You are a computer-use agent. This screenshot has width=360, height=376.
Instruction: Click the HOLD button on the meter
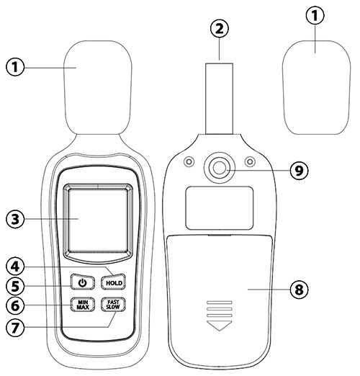click(113, 282)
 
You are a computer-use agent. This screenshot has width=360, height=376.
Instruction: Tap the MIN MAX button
click(83, 305)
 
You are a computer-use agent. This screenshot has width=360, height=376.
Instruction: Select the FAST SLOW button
click(113, 305)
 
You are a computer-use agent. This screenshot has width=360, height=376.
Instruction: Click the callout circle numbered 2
click(220, 29)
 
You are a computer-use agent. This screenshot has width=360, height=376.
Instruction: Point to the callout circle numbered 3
click(15, 219)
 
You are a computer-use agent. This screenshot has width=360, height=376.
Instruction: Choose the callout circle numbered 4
click(15, 267)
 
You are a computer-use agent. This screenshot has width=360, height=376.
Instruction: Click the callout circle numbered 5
click(15, 286)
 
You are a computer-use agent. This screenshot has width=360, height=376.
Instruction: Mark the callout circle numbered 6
click(15, 305)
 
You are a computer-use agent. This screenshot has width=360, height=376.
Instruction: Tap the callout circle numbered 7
click(15, 327)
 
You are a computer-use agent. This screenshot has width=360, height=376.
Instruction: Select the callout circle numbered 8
click(299, 290)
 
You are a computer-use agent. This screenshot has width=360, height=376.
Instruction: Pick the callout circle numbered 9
click(299, 171)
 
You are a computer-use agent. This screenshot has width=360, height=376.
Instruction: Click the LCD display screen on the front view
click(98, 220)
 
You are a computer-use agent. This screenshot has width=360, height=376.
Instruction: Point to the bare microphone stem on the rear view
click(219, 99)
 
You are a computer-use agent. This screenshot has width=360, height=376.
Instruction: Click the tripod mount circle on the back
click(219, 168)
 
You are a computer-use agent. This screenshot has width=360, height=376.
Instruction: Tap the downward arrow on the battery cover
click(220, 326)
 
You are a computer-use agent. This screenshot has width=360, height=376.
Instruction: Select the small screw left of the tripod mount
click(189, 161)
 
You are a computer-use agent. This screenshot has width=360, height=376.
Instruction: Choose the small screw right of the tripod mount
click(250, 161)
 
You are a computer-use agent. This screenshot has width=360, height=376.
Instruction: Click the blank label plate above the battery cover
click(220, 208)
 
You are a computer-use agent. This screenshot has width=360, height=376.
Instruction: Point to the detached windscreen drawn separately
click(316, 87)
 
